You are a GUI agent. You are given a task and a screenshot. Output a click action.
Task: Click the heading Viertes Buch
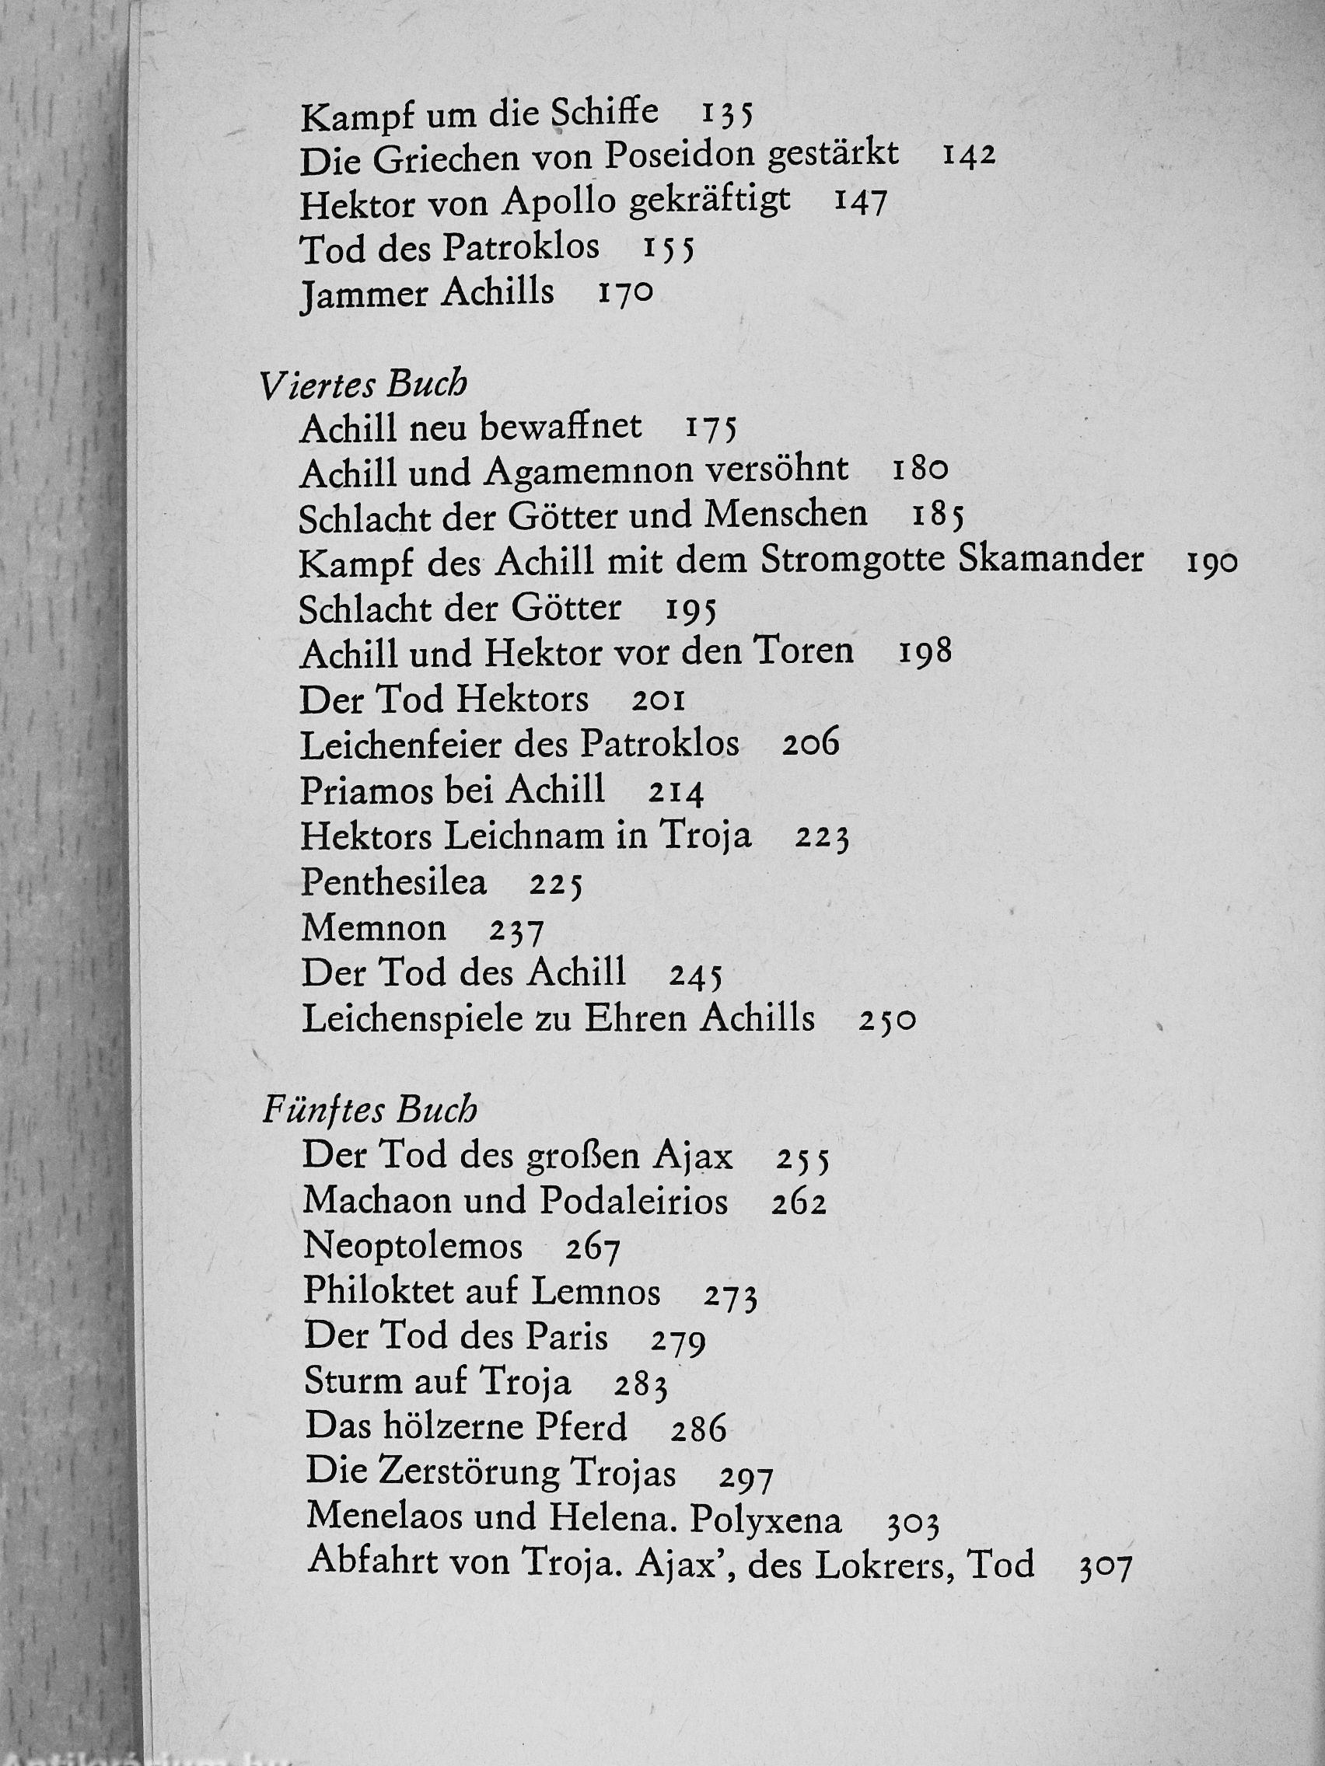pyautogui.click(x=363, y=386)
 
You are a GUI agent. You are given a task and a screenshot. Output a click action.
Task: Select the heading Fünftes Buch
pyautogui.click(x=370, y=1112)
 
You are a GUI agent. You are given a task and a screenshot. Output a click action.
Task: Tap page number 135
pyautogui.click(x=727, y=114)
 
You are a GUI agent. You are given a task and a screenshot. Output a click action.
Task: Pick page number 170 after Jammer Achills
pyautogui.click(x=625, y=293)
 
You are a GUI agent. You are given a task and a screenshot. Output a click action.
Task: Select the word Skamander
pyautogui.click(x=1051, y=560)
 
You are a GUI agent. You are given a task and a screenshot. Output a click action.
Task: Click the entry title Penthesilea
pyautogui.click(x=393, y=882)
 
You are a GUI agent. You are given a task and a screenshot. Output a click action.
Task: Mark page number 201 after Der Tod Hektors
pyautogui.click(x=658, y=702)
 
